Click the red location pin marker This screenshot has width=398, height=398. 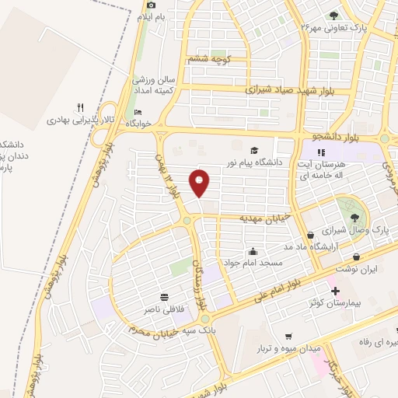pyautogui.click(x=200, y=183)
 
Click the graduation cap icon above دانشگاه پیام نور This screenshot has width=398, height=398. pyautogui.click(x=254, y=150)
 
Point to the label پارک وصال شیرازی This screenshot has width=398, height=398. pyautogui.click(x=358, y=232)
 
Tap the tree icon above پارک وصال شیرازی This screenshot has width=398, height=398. pyautogui.click(x=355, y=218)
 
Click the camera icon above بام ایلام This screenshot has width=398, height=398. pyautogui.click(x=150, y=5)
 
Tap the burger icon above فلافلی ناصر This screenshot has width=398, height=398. pyautogui.click(x=165, y=297)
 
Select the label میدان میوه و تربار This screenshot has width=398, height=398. pyautogui.click(x=292, y=348)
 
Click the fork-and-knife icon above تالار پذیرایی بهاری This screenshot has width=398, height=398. pyautogui.click(x=79, y=107)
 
